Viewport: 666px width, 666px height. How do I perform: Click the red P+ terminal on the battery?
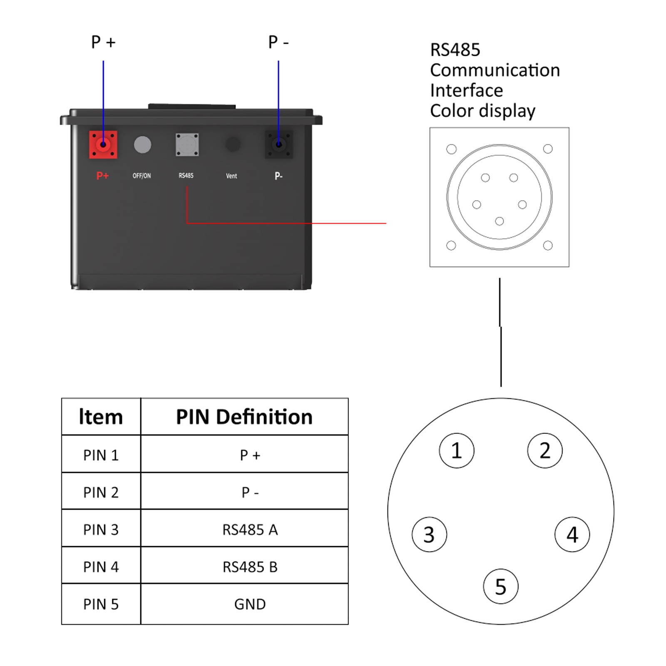point(103,145)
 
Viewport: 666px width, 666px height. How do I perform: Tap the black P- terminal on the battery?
point(279,145)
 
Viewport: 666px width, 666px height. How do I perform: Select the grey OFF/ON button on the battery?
point(142,145)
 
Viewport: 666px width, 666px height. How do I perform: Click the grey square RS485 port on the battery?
point(187,145)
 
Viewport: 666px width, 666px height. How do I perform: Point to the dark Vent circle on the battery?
point(233,145)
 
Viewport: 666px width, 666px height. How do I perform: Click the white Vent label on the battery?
point(231,176)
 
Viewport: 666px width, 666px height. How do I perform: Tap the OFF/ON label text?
point(142,176)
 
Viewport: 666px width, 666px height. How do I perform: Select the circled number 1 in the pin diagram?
point(457,450)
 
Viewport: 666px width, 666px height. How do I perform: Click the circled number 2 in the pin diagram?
point(545,450)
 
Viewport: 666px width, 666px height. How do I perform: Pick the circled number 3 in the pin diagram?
point(429,534)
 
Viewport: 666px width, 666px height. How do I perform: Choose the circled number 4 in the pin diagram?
point(572,534)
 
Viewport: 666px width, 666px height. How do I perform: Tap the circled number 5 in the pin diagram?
point(501,586)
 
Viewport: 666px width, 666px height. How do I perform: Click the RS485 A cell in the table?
point(250,530)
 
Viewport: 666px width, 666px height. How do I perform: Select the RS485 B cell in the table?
point(250,567)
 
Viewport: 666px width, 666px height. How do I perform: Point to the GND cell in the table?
point(250,604)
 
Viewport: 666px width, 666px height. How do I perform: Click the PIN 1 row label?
point(101,455)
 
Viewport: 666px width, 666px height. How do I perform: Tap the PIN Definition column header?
point(244,417)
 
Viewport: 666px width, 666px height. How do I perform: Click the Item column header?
point(101,417)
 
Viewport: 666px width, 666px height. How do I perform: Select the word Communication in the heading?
point(495,70)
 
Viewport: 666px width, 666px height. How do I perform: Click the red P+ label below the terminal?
point(102,176)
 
